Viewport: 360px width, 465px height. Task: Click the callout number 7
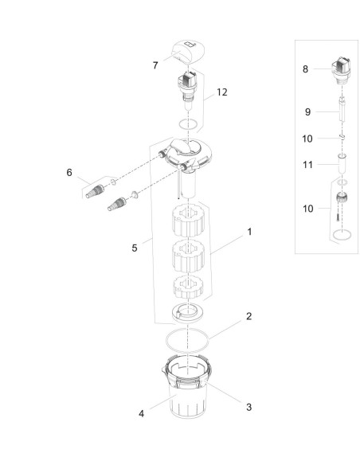point(155,65)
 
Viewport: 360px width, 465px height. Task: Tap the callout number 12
point(221,92)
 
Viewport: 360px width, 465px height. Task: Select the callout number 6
point(69,172)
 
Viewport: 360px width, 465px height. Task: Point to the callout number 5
point(135,248)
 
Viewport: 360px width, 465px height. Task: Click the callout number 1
point(249,232)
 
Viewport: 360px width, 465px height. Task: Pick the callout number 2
point(248,316)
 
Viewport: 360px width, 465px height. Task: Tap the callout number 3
point(248,407)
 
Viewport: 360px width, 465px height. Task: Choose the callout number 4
point(142,413)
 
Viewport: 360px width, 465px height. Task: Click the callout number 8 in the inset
point(305,69)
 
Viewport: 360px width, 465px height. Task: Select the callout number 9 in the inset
point(307,111)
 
